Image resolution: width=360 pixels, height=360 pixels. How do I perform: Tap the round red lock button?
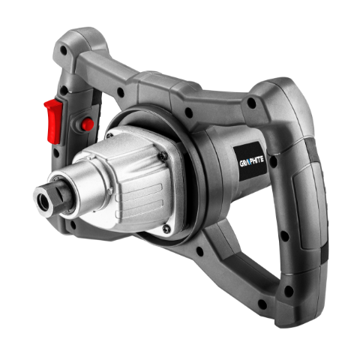pyautogui.click(x=88, y=124)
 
